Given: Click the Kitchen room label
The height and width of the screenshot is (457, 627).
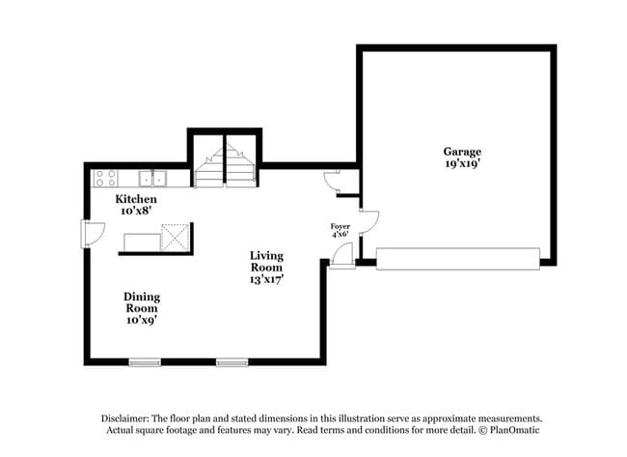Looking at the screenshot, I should click(136, 198).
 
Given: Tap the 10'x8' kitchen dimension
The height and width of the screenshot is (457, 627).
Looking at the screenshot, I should click(136, 210).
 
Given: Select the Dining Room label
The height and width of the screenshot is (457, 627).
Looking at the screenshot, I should click(141, 302).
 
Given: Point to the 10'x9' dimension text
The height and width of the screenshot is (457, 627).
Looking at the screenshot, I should click(141, 320).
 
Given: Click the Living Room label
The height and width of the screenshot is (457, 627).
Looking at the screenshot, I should click(266, 261).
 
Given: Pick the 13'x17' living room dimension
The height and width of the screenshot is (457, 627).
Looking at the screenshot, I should click(266, 278).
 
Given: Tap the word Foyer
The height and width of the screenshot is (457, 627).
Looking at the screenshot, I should click(340, 225).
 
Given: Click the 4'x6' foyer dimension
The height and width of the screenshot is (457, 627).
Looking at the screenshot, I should click(340, 234).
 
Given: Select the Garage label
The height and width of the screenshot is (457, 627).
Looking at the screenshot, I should click(462, 152).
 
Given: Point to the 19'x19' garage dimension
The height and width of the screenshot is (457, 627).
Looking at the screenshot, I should click(462, 164).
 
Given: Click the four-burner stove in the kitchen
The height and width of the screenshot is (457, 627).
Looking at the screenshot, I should click(105, 178).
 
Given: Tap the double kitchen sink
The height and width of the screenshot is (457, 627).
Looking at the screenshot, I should click(151, 178).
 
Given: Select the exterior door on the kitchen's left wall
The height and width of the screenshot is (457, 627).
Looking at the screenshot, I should click(91, 234).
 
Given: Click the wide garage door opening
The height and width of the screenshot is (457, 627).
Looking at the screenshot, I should click(457, 258).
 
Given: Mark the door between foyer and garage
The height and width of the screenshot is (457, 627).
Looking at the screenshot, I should click(368, 223).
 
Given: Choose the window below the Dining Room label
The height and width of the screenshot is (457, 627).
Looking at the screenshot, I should click(145, 363).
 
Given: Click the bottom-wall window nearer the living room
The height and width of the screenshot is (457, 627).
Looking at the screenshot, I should click(232, 363).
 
